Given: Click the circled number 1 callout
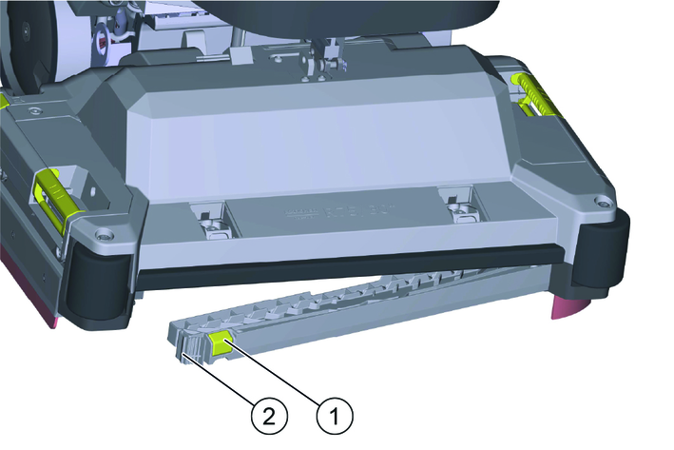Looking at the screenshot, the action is tap(335, 416).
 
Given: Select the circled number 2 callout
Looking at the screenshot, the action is tap(269, 416).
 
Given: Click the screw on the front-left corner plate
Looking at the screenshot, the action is tap(104, 235).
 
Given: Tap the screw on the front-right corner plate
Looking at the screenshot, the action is tap(602, 201).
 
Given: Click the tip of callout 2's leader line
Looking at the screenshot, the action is tap(184, 354).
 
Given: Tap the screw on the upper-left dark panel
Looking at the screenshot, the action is tap(32, 111).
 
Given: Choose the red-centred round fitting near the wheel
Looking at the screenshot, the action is tap(104, 42).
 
